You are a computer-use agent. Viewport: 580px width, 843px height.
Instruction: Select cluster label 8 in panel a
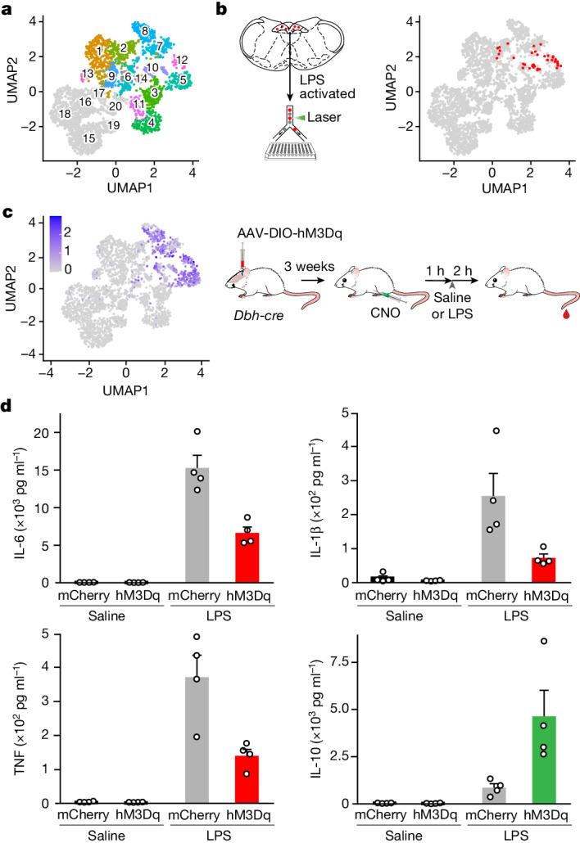point(145,30)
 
